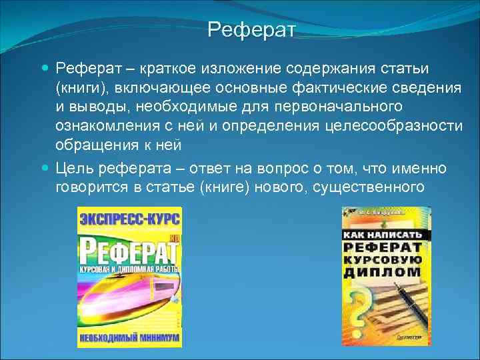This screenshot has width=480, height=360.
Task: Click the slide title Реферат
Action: [x=251, y=29]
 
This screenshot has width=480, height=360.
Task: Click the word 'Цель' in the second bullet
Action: [x=75, y=168]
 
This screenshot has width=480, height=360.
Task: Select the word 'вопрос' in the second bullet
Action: [x=298, y=168]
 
